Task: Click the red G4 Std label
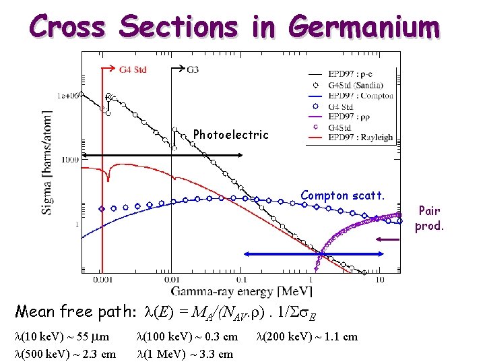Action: (x=132, y=69)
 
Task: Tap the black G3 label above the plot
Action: (x=193, y=69)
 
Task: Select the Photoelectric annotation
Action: (x=230, y=135)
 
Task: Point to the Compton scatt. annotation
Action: (x=343, y=195)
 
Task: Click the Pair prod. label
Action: (x=429, y=218)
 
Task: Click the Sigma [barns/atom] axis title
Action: (x=48, y=162)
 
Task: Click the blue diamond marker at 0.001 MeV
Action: (x=102, y=209)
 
